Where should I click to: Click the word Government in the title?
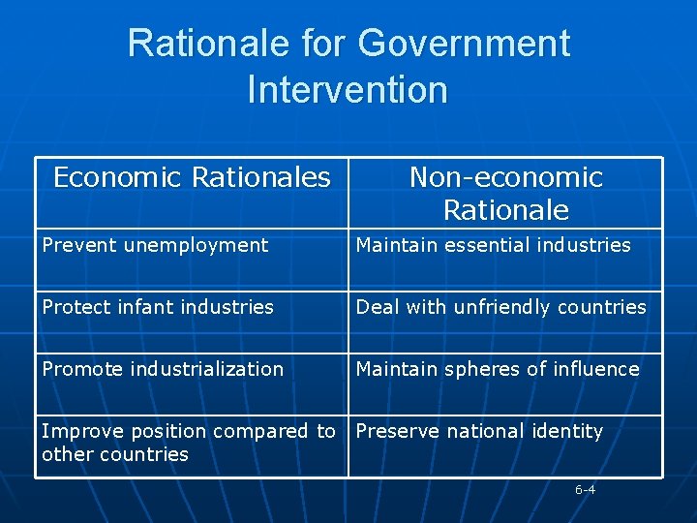(464, 44)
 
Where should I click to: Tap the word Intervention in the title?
(348, 90)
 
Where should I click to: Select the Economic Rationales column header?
(192, 177)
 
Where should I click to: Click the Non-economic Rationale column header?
(505, 193)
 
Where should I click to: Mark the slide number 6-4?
(585, 490)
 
